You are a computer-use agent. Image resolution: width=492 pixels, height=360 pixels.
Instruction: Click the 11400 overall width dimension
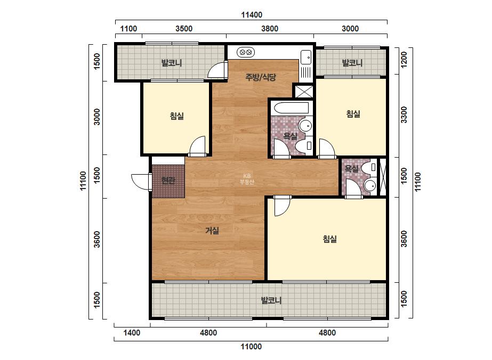(252, 15)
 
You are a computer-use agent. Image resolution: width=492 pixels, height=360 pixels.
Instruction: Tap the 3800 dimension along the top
(270, 29)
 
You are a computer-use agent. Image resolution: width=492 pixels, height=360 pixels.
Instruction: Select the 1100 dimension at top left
(128, 29)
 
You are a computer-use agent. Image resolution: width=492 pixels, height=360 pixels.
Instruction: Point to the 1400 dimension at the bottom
(132, 333)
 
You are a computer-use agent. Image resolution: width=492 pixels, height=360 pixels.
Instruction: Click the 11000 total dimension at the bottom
(251, 347)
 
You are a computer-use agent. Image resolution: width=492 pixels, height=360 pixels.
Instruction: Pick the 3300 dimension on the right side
(404, 115)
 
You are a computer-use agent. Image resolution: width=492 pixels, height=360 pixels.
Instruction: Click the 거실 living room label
(212, 231)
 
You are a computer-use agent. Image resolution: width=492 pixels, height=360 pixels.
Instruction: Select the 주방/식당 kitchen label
(261, 77)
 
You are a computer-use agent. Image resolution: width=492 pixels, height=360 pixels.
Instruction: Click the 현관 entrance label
(168, 181)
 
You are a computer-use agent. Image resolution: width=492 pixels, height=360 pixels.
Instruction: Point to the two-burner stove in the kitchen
(245, 52)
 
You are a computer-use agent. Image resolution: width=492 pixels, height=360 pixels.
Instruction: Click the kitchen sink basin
(306, 57)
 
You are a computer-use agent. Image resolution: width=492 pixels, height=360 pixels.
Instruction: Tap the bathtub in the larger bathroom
(292, 109)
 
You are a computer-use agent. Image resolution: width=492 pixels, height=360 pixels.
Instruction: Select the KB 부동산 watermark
(247, 179)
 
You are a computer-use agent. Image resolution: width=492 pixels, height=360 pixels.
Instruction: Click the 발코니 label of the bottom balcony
(271, 300)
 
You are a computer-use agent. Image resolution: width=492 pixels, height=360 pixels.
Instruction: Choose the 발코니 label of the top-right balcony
(352, 63)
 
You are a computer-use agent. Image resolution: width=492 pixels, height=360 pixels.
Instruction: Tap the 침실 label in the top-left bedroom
(176, 116)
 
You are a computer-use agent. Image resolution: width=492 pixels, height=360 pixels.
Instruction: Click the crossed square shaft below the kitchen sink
(304, 91)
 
